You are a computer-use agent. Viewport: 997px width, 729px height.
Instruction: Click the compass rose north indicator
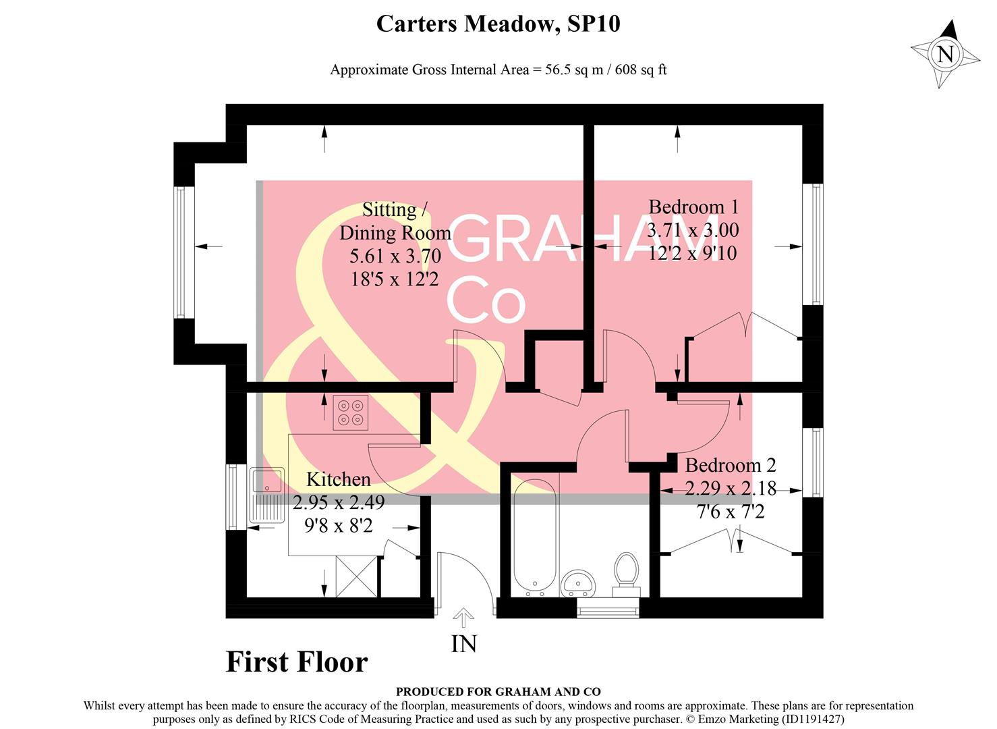coord(945,53)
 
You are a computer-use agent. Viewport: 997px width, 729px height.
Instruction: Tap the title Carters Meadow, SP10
coord(498,24)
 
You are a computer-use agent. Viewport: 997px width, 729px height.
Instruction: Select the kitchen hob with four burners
coord(351,412)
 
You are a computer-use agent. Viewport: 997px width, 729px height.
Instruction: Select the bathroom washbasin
coord(578,581)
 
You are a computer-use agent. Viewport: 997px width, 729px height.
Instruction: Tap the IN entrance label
coord(463,644)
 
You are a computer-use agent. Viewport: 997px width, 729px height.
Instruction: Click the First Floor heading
coord(296,661)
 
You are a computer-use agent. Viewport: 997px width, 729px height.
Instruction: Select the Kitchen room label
coord(338,479)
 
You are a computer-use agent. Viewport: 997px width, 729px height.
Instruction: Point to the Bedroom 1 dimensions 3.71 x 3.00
coord(693,230)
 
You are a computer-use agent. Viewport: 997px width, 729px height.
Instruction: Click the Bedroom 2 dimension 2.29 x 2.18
coord(731,488)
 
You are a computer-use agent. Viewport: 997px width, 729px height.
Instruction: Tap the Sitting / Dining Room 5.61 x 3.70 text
coord(395,256)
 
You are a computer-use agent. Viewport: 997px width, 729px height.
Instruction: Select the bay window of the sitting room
coord(179,252)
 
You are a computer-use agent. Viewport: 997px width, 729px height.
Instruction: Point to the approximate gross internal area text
coord(498,70)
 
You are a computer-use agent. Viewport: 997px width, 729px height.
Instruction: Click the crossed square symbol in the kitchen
coord(356,576)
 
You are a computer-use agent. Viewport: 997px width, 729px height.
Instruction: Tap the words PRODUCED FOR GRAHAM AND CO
coord(498,691)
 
